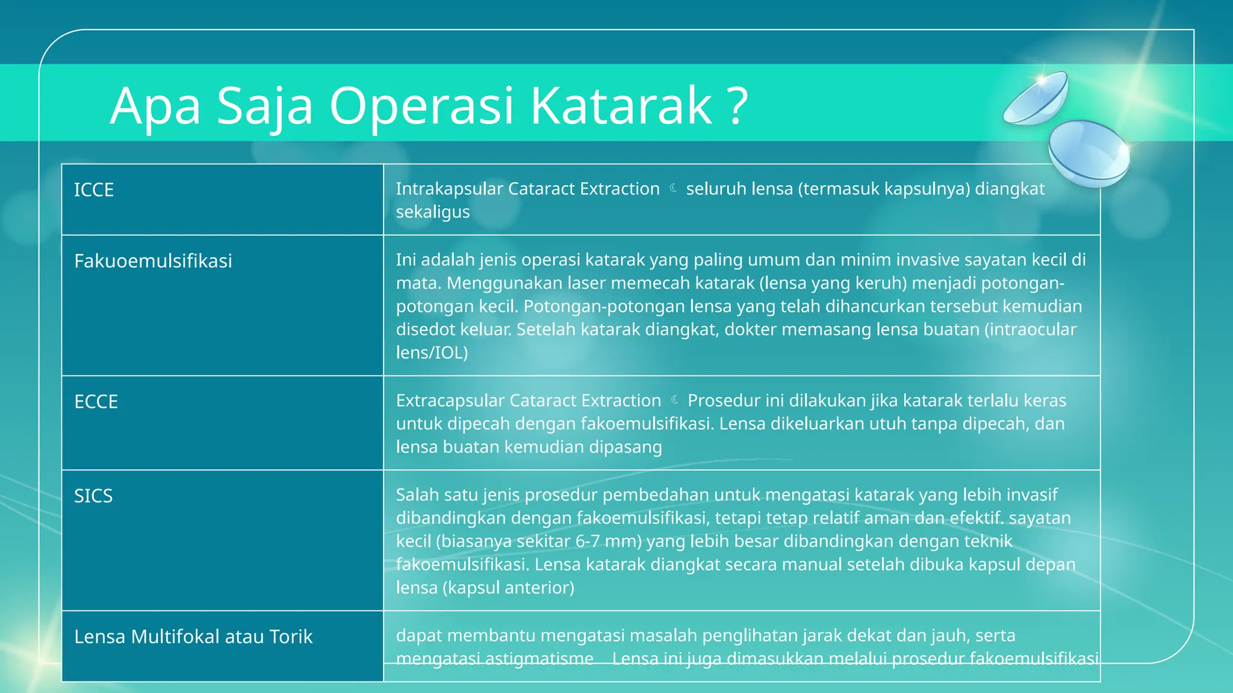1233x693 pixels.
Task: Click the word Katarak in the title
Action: coord(621,106)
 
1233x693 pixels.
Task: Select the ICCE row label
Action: coord(94,190)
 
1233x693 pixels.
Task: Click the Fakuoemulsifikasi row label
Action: coord(153,261)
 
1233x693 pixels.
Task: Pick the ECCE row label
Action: coord(96,402)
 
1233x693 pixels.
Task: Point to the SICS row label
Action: coord(93,496)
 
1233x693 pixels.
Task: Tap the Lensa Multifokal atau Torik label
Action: coord(193,637)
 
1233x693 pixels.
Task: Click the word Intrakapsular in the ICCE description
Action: coord(449,189)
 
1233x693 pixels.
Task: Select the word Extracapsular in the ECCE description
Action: coord(450,401)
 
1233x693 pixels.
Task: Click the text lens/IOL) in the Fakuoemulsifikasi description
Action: coord(432,353)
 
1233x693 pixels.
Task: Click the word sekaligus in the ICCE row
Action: coord(432,212)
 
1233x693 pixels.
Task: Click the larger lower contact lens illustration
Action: coord(1089,152)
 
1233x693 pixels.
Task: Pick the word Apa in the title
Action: coord(155,106)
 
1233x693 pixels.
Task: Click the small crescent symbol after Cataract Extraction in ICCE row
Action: coord(673,188)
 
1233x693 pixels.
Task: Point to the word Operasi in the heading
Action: coord(421,106)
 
